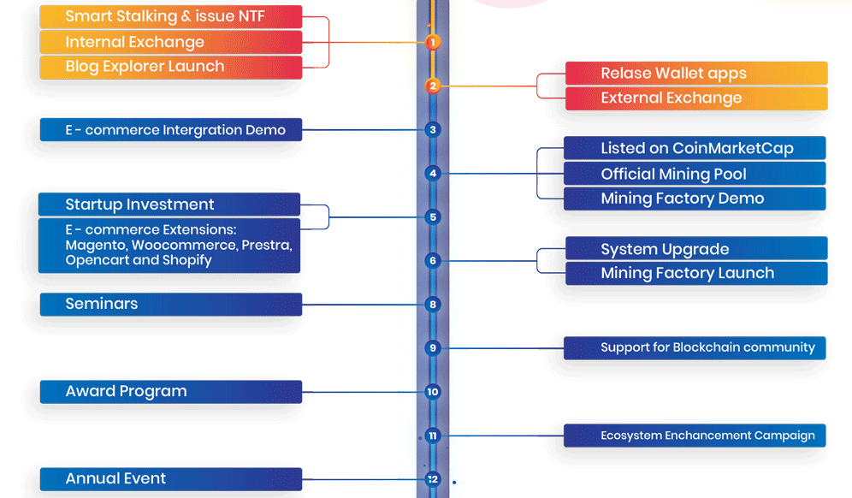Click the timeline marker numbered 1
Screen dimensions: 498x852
click(433, 41)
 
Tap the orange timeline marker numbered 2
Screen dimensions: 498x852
click(433, 86)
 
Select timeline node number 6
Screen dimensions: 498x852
click(433, 260)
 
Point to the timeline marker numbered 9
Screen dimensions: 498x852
click(433, 347)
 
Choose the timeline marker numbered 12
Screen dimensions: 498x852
click(433, 479)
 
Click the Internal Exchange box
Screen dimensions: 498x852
click(170, 42)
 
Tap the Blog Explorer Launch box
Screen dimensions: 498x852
click(170, 67)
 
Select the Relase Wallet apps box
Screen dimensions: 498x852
click(696, 74)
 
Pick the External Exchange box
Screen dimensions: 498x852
click(696, 98)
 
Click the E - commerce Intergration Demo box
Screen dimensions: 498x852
click(170, 130)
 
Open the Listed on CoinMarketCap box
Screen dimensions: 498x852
click(695, 148)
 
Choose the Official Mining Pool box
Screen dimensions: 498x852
click(695, 174)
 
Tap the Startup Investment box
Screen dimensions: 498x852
click(169, 205)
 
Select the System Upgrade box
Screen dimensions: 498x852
click(696, 249)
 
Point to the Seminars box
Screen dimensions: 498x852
click(170, 304)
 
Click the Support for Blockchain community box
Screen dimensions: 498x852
click(695, 347)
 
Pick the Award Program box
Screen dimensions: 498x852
click(170, 392)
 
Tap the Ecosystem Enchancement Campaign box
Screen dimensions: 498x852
click(695, 436)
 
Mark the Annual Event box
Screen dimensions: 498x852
click(170, 479)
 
